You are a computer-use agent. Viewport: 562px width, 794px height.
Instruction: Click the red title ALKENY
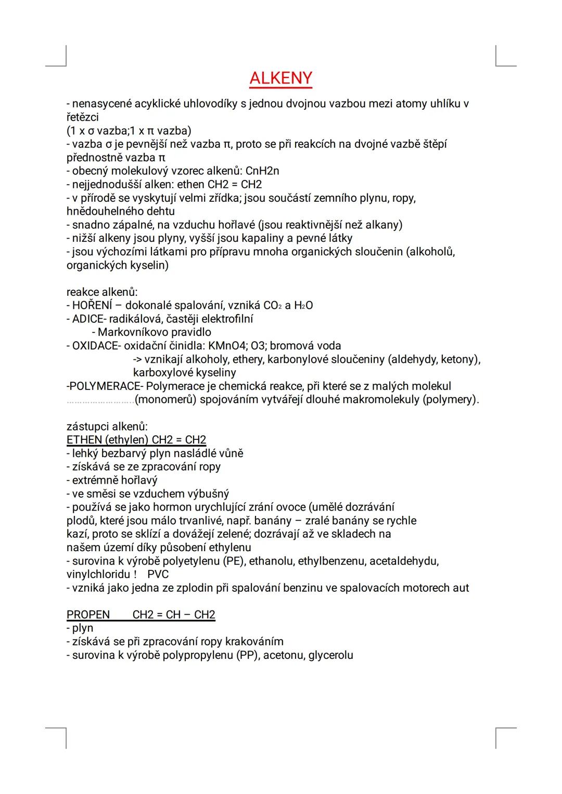pyautogui.click(x=280, y=78)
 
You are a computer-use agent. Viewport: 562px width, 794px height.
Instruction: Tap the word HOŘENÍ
pyautogui.click(x=92, y=305)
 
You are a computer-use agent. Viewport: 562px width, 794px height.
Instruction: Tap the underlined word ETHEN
pyautogui.click(x=84, y=440)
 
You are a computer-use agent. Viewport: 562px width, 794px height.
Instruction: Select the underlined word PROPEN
pyautogui.click(x=88, y=615)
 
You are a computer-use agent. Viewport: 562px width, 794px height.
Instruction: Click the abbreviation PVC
pyautogui.click(x=158, y=575)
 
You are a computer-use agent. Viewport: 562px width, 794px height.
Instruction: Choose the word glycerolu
pyautogui.click(x=330, y=655)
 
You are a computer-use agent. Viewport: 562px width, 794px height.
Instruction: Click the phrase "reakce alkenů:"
pyautogui.click(x=102, y=292)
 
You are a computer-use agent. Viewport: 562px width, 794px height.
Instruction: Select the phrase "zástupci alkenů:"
pyautogui.click(x=107, y=427)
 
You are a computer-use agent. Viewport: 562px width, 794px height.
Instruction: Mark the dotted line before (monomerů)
pyautogui.click(x=100, y=401)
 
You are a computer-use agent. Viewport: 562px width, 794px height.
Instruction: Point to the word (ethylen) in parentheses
pyautogui.click(x=126, y=440)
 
